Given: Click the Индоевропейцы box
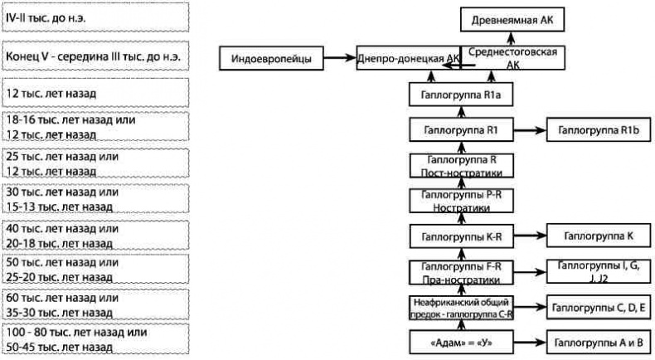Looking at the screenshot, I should [x=270, y=58].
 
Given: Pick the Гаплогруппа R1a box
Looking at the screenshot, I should [x=461, y=95].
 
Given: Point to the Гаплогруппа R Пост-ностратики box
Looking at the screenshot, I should [x=461, y=164].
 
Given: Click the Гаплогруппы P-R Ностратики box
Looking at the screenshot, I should [x=461, y=201].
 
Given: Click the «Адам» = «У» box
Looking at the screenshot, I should [x=461, y=342].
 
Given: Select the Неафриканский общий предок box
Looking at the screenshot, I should [x=461, y=307].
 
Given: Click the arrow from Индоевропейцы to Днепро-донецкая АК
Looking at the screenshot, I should [x=338, y=58].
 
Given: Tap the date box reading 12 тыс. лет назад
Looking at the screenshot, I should [x=95, y=92].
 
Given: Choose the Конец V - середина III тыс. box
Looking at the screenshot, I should [x=95, y=56].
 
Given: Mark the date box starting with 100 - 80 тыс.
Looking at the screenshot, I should [x=95, y=339].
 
